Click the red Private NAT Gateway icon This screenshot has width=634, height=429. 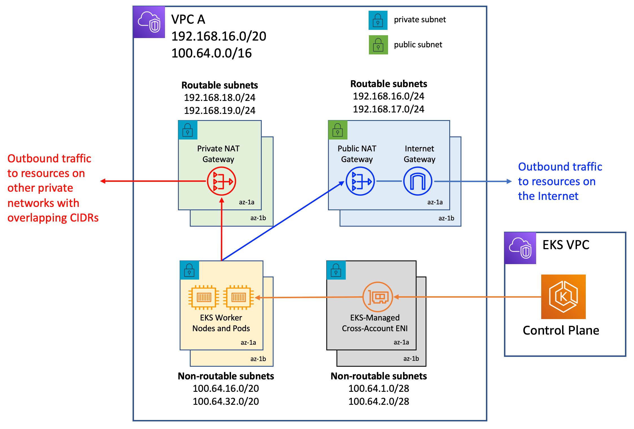[x=221, y=181]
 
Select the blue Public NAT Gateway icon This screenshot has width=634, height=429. [x=360, y=181]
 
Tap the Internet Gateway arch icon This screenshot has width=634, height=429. [x=418, y=181]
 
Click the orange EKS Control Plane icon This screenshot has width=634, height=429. [x=563, y=297]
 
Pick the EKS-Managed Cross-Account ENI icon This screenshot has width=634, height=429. [x=378, y=297]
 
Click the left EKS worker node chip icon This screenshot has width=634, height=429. [x=204, y=297]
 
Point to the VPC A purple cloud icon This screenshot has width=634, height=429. [x=149, y=22]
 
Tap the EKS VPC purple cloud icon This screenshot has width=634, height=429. [x=520, y=248]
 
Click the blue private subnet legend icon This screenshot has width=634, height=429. [x=378, y=20]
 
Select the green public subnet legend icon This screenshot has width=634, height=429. [x=378, y=45]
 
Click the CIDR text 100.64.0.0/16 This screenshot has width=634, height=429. [x=212, y=53]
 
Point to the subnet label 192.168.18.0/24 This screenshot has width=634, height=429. [x=219, y=98]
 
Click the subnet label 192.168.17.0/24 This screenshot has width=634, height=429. [x=388, y=109]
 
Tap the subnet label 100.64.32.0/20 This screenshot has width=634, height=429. [x=226, y=401]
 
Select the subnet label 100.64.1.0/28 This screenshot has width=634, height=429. [x=378, y=388]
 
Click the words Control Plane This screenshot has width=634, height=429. [x=561, y=330]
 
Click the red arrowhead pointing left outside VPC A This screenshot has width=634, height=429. [x=103, y=181]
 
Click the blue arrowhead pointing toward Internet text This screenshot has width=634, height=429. [x=509, y=181]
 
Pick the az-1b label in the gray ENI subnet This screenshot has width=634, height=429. [x=411, y=359]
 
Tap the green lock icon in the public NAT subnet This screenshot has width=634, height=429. [x=338, y=130]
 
